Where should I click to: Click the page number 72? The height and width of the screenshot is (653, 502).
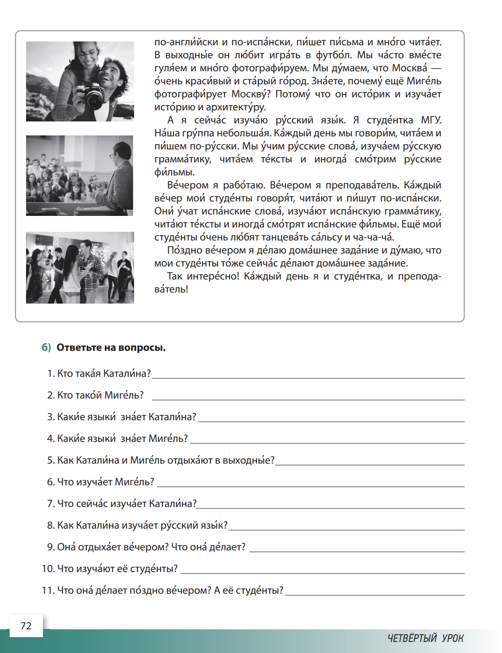click(26, 626)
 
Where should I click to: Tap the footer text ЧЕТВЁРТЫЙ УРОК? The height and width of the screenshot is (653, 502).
click(425, 638)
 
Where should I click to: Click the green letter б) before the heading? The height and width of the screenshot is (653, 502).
click(46, 347)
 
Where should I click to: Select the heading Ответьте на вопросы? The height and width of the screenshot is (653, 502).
click(111, 347)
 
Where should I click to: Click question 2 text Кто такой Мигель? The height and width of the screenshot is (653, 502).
click(100, 395)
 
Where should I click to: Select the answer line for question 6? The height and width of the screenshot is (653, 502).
click(311, 486)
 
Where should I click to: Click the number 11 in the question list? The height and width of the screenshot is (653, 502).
click(48, 590)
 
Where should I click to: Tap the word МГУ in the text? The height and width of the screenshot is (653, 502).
click(431, 120)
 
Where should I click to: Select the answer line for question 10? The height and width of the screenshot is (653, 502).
click(322, 573)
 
